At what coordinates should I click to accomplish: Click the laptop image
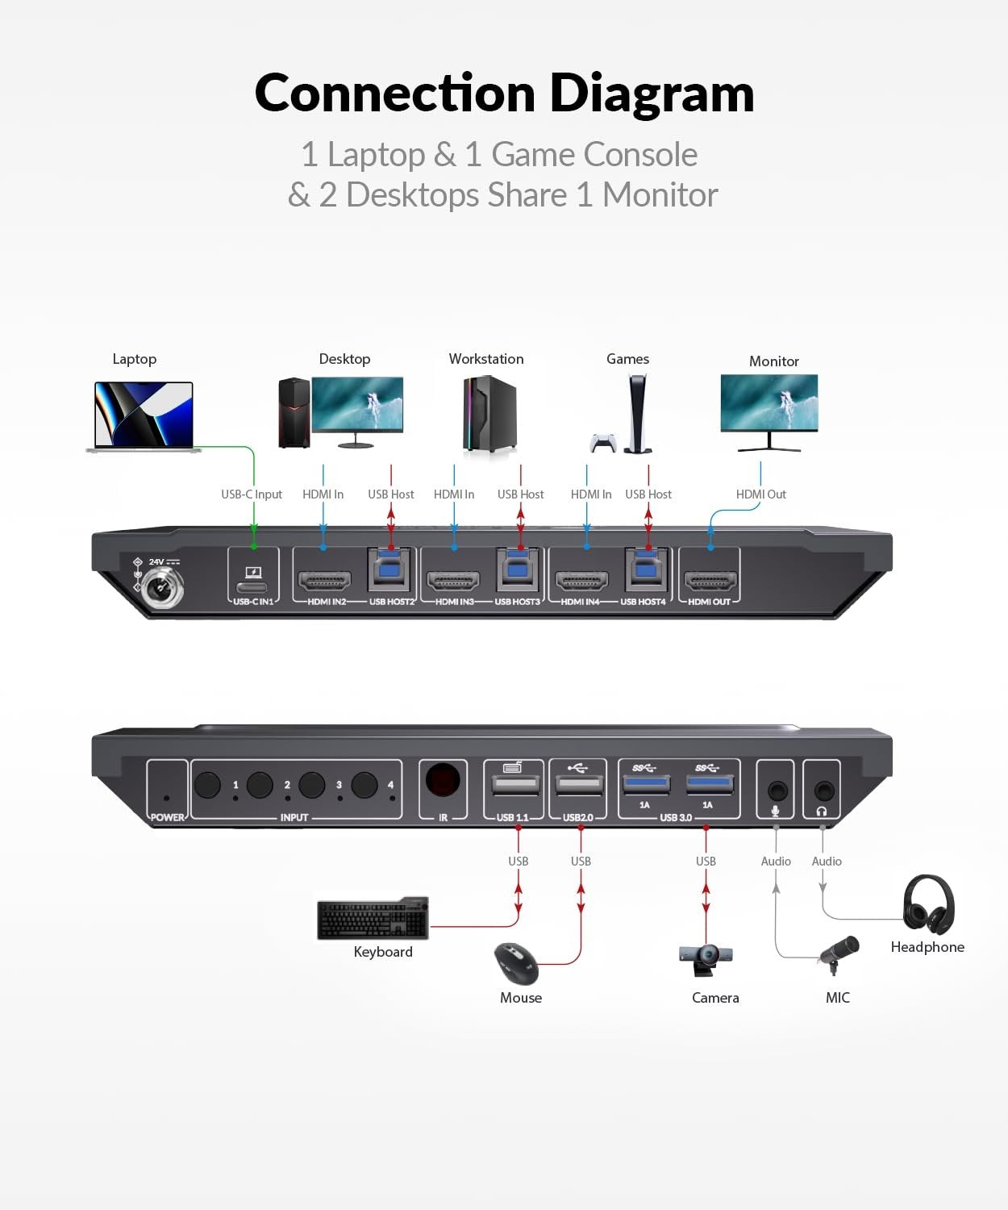pos(144,416)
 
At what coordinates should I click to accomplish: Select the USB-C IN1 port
pos(252,586)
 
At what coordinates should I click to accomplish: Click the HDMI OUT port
pos(710,580)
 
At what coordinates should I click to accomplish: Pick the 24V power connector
pos(161,589)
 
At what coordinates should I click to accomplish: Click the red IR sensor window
pos(443,781)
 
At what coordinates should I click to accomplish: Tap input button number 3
pos(312,784)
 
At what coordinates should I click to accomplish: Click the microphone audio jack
pos(777,791)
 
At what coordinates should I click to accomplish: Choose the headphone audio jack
pos(823,791)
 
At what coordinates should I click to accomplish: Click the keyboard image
pos(373,919)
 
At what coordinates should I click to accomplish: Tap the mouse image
pos(516,963)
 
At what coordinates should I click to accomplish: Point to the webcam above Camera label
pos(707,958)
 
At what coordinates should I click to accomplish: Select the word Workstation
pos(486,359)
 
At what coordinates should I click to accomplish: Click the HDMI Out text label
pos(760,494)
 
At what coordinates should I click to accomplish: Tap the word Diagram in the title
pos(652,94)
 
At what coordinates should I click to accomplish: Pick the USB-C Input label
pos(252,494)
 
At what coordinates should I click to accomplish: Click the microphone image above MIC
pos(839,952)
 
